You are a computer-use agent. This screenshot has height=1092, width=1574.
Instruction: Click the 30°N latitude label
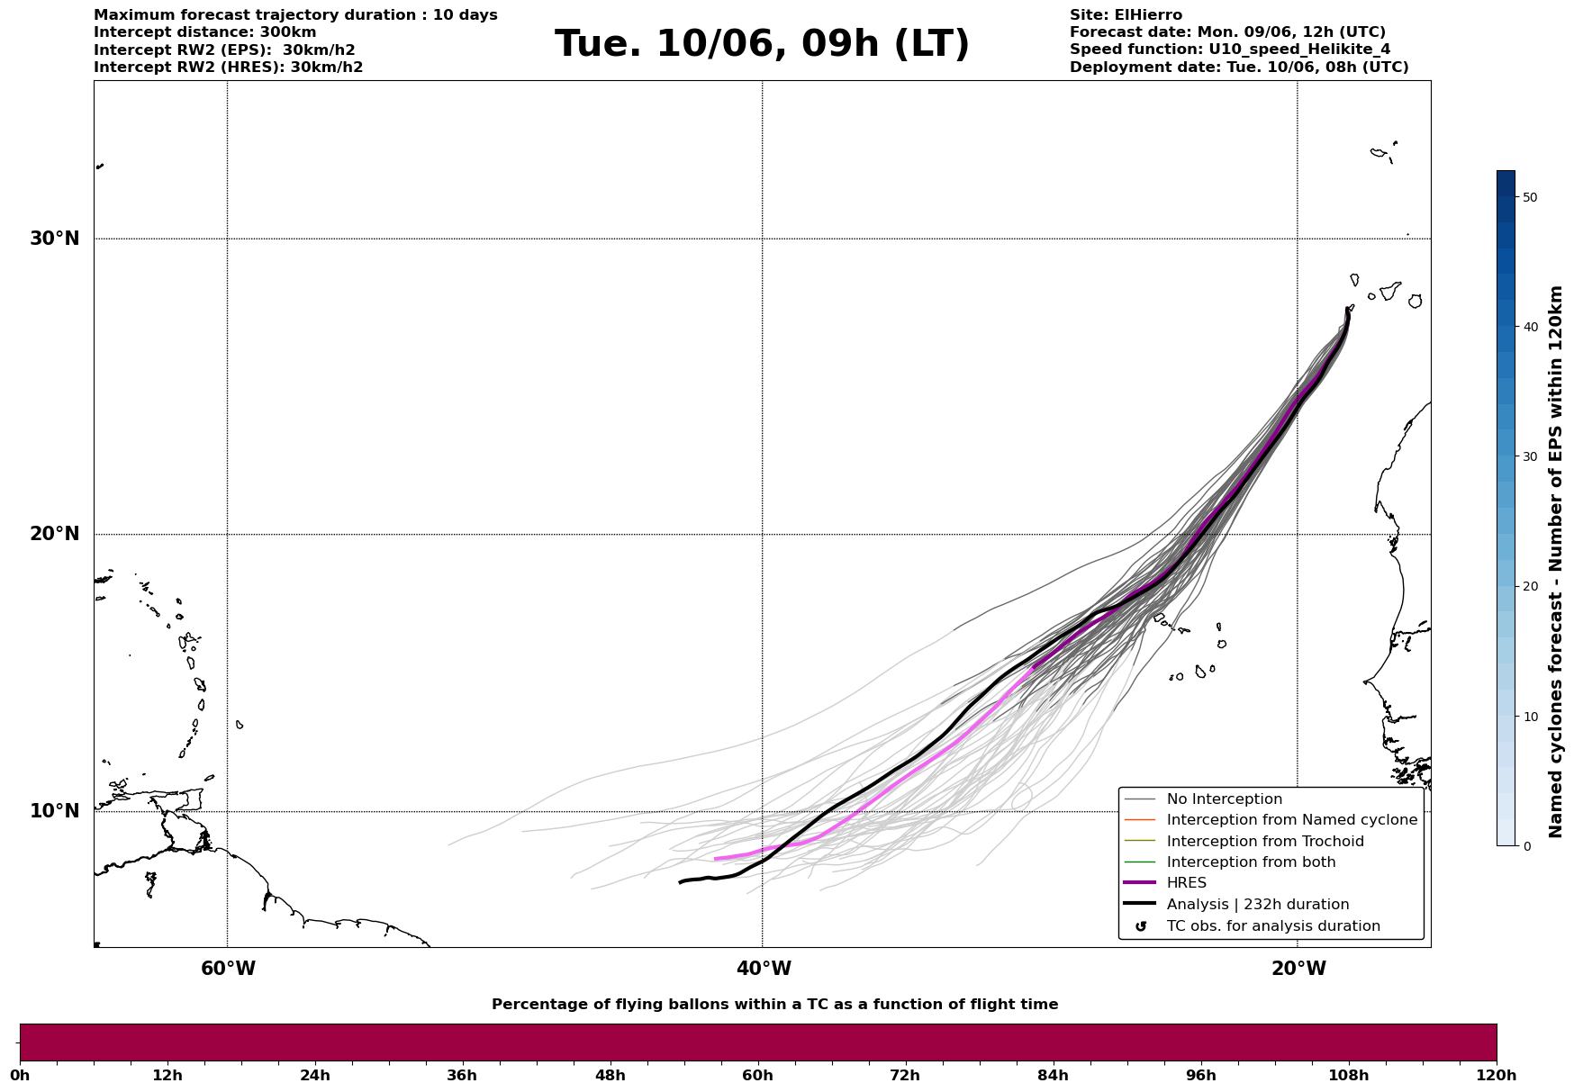pos(54,239)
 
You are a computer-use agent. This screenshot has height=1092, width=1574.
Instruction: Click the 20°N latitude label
pos(54,534)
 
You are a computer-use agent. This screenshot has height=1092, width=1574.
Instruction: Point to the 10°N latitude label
pos(54,811)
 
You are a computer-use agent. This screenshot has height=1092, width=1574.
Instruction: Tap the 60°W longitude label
pos(228,969)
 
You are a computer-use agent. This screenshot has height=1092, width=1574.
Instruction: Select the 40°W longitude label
pos(764,969)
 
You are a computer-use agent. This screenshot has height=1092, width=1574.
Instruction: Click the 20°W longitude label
pos(1298,969)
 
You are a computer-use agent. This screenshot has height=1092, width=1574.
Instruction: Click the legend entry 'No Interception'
pos(1224,799)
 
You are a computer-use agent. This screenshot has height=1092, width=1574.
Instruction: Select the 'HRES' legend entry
pos(1186,883)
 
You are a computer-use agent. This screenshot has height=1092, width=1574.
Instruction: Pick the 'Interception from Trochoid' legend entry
pos(1264,842)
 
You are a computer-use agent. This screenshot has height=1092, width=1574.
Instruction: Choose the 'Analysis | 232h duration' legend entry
pos(1257,905)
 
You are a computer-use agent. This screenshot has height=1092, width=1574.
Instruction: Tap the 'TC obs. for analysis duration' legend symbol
pos(1141,926)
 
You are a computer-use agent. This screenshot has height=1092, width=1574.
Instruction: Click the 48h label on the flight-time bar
pos(610,1075)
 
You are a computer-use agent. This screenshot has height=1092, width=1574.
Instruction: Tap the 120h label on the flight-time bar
pos(1496,1075)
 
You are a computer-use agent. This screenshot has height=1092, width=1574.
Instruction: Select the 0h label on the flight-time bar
pos(21,1075)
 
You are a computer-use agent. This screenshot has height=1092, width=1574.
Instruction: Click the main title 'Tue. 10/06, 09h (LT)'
pos(762,44)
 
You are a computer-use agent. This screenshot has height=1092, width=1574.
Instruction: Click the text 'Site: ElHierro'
pos(1126,15)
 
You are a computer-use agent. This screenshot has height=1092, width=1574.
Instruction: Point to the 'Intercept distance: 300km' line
pos(205,32)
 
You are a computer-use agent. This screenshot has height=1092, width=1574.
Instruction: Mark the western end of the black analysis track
pos(680,882)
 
